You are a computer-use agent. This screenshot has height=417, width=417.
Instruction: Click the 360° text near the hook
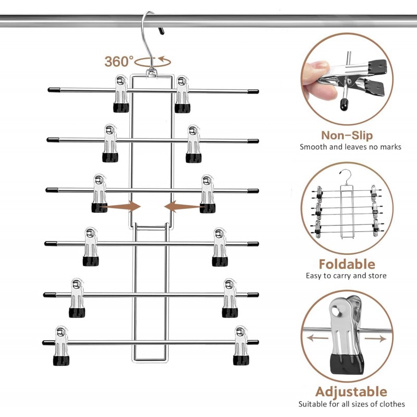point(119,61)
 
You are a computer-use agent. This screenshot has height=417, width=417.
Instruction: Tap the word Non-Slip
point(347,136)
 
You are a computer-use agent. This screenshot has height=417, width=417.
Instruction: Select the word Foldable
point(347,264)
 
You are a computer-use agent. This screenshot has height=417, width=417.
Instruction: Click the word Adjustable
point(351,391)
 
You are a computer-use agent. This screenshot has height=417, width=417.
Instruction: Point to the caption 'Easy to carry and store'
point(346,275)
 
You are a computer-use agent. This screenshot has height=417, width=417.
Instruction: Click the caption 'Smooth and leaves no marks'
point(350,147)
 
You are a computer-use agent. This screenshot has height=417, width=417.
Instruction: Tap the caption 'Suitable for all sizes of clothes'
point(351,403)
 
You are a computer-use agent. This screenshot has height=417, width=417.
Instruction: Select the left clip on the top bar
point(121,94)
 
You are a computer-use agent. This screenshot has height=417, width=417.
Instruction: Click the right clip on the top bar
point(182,94)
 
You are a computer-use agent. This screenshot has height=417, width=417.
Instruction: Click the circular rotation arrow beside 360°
point(152,61)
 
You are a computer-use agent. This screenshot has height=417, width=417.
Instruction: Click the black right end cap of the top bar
point(253,91)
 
